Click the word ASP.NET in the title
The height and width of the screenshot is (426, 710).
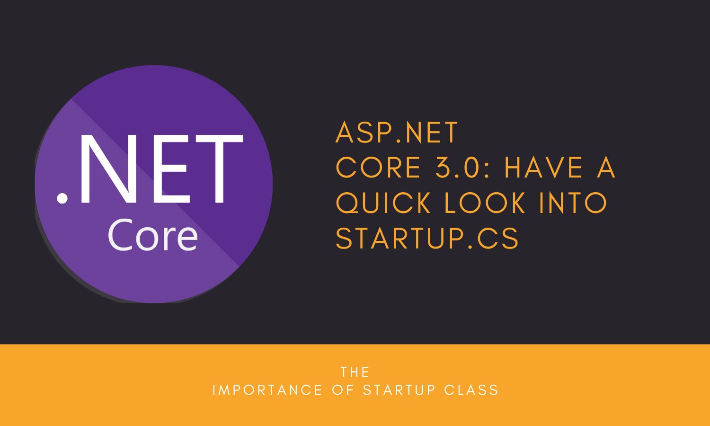pos(397,133)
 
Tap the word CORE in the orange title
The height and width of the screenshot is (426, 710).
pos(378,168)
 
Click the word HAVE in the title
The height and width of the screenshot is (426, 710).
pos(544,168)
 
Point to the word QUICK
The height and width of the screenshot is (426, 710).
pos(384,203)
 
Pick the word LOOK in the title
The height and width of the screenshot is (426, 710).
pos(485,203)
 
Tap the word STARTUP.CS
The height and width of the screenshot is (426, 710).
pos(427,238)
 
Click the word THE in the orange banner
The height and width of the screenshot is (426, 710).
pos(355,372)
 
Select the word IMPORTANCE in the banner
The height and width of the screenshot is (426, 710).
pos(267,390)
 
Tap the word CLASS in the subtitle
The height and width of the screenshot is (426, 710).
pos(471,390)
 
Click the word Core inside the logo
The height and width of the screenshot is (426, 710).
pos(152,236)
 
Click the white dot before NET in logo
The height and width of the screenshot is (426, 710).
pos(62,198)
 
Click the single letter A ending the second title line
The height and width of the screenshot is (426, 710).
pos(605,168)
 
